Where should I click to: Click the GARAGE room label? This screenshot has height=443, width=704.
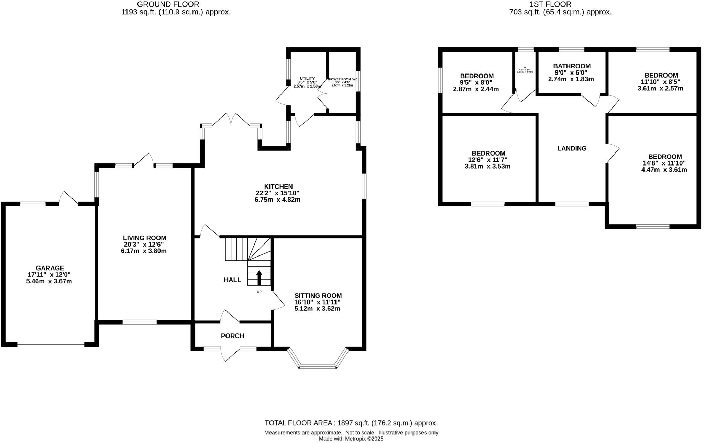50,268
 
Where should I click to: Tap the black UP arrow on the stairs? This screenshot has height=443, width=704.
259,278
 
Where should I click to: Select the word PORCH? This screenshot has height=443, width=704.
232,336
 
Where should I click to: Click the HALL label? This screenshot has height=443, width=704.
232,280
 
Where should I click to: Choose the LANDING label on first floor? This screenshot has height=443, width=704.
572,148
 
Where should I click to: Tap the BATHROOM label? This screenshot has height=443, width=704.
572,66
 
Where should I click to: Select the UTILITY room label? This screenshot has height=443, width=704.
307,79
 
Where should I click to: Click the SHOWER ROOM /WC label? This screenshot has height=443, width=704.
342,79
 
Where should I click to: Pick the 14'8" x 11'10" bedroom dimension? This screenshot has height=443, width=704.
664,163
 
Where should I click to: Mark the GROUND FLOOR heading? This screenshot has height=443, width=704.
168,4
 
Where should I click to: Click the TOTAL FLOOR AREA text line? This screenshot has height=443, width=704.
351,423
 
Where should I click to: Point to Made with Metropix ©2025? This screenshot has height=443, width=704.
351,439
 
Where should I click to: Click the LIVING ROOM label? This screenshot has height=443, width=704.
144,238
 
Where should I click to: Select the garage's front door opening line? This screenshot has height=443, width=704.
51,344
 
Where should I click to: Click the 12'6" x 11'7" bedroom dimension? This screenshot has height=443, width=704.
487,160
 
